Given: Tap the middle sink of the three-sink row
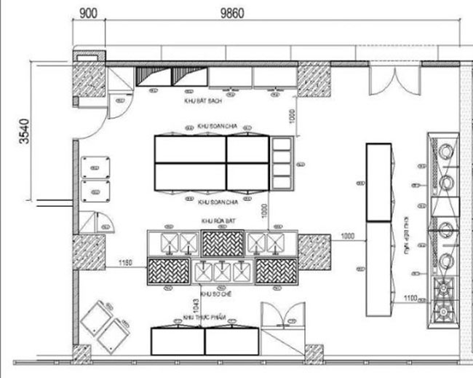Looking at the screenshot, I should click(x=222, y=272).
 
